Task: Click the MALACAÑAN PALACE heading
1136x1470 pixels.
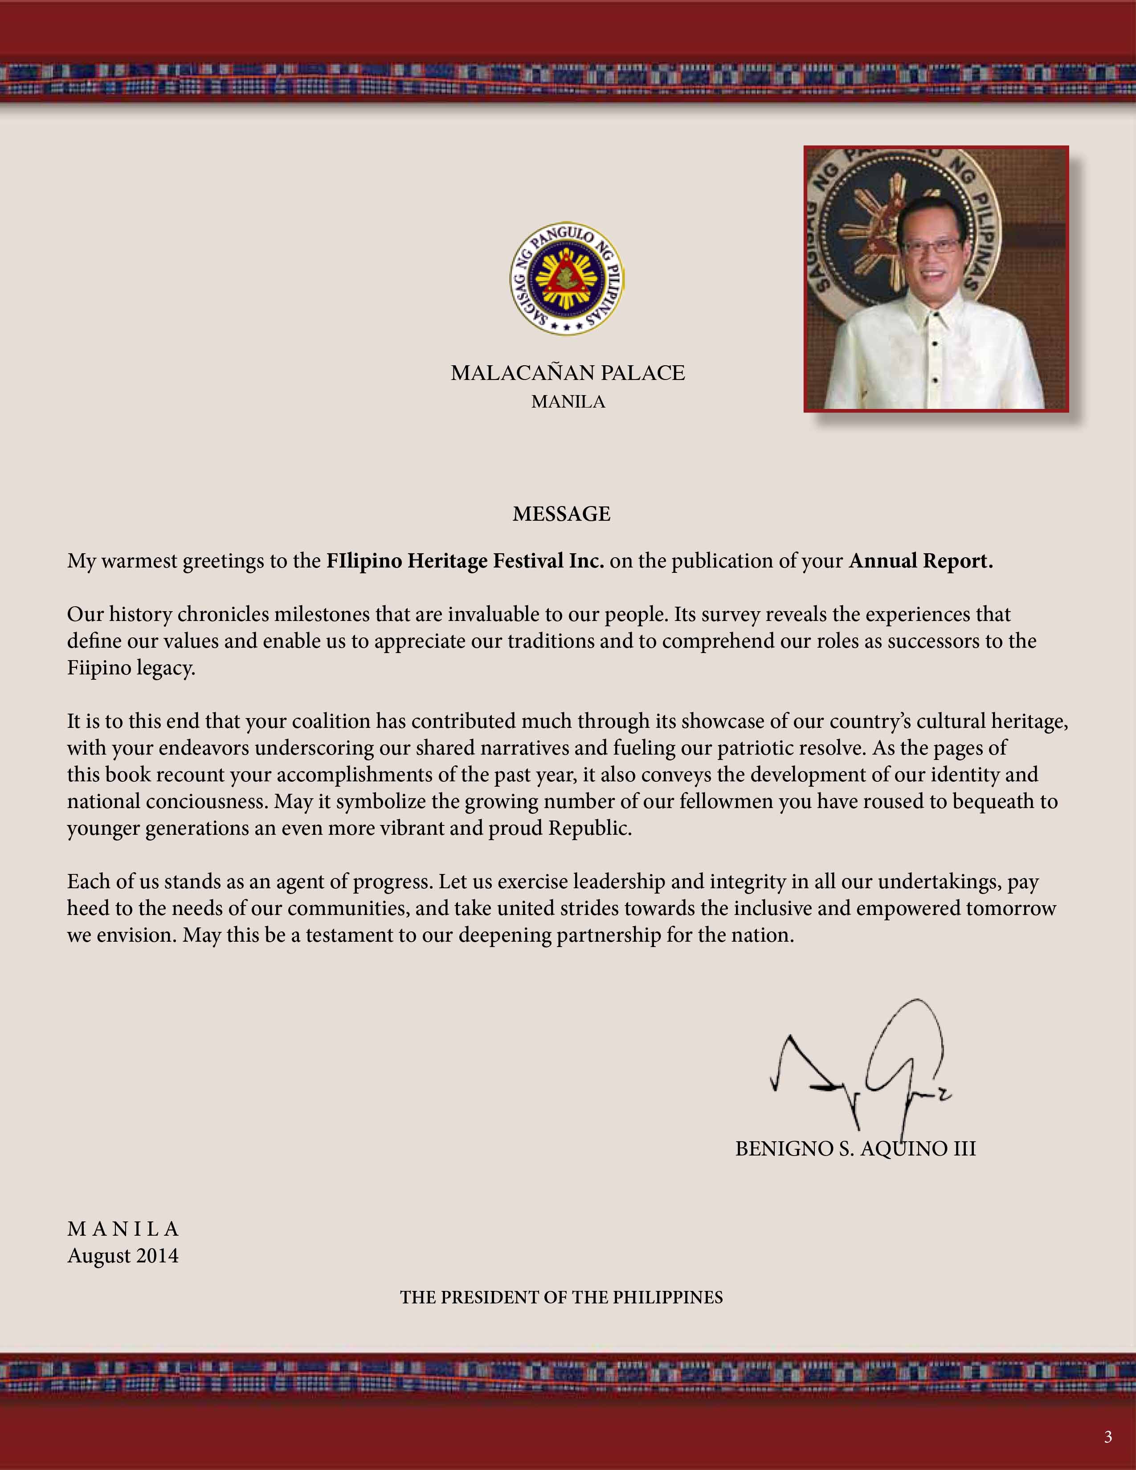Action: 567,373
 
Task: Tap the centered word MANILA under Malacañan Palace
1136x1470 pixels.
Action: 568,402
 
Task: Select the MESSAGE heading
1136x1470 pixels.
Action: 561,514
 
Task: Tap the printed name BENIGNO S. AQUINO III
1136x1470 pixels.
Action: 855,1148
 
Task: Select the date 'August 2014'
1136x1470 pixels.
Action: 123,1256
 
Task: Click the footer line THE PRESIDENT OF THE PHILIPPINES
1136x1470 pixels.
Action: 561,1297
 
